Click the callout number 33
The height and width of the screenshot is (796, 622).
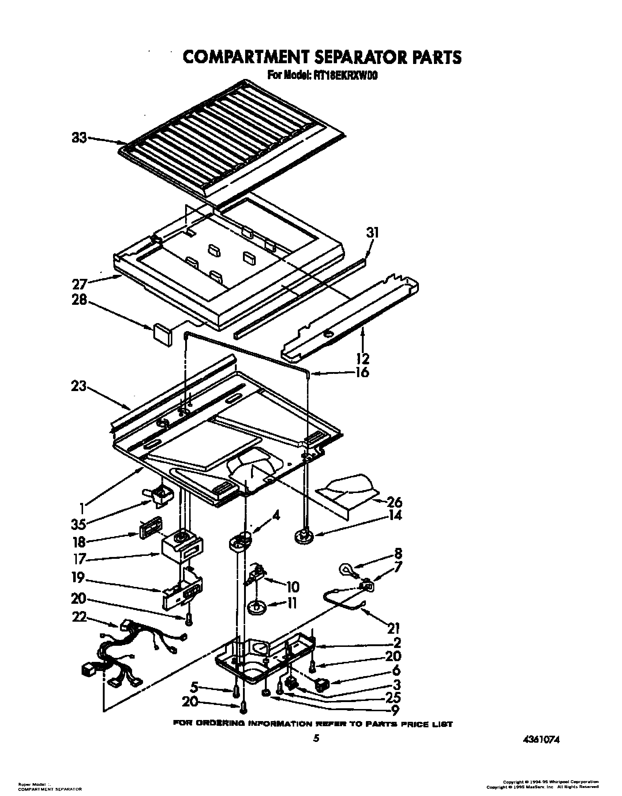point(79,138)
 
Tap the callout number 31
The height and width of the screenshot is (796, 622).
point(372,233)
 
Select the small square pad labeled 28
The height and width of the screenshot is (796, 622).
point(162,334)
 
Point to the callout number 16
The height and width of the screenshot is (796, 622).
point(361,373)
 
